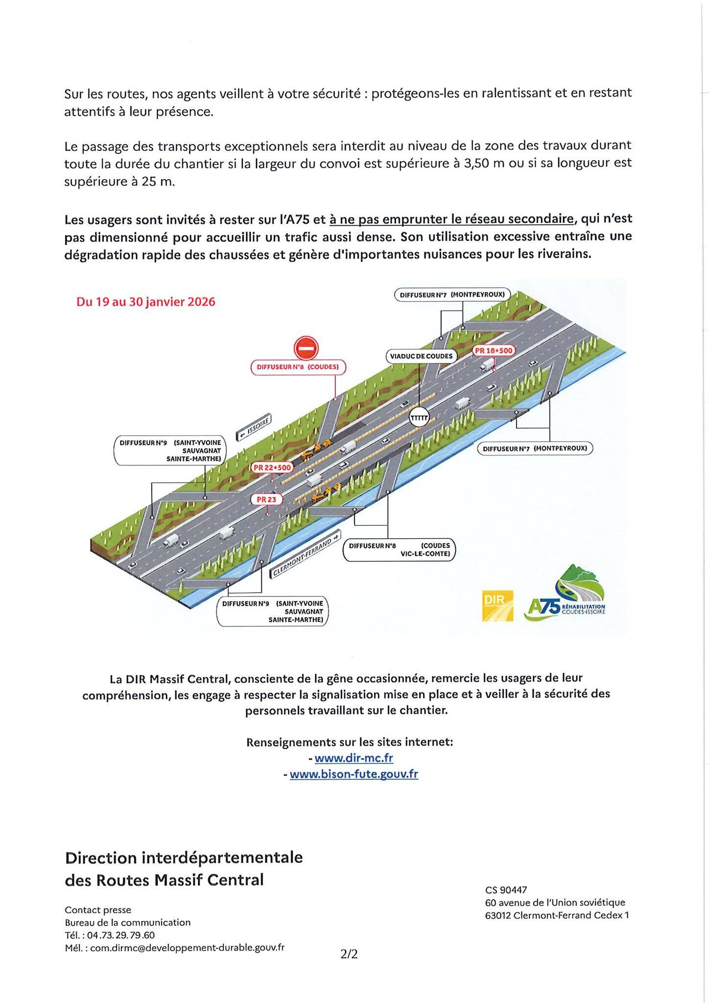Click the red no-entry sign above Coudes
click(307, 348)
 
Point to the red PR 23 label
click(266, 500)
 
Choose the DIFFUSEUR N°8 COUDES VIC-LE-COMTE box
click(399, 549)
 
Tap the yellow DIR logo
click(497, 606)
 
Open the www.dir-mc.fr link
click(354, 758)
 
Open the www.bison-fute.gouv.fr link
click(354, 774)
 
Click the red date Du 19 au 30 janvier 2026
click(146, 302)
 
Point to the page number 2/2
click(350, 954)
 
